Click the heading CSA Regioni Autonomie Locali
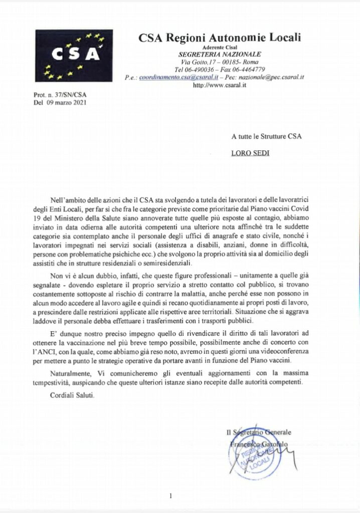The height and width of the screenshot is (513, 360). click(x=223, y=38)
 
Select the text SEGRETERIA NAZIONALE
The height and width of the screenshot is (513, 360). click(x=223, y=54)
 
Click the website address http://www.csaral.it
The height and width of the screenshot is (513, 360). click(x=223, y=85)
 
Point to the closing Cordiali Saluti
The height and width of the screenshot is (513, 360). click(x=72, y=395)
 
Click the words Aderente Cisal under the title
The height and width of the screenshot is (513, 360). click(x=223, y=47)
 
